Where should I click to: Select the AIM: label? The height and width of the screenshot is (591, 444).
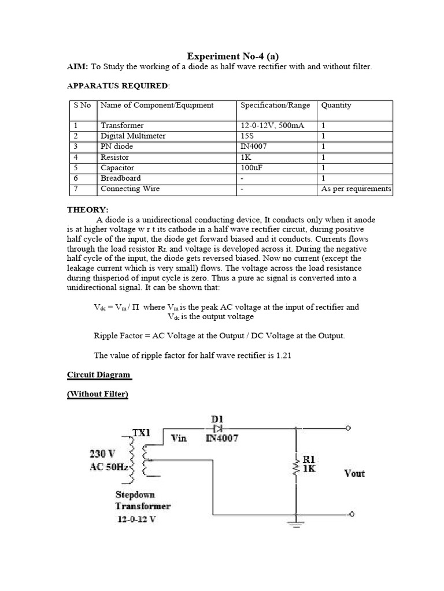(x=77, y=67)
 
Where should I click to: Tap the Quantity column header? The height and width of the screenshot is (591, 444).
(x=336, y=105)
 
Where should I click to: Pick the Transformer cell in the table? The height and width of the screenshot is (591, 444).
(x=122, y=125)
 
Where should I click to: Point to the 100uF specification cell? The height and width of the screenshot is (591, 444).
(x=252, y=168)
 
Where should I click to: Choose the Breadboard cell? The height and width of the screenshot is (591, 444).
(x=120, y=178)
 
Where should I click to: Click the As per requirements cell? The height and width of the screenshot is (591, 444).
(x=356, y=189)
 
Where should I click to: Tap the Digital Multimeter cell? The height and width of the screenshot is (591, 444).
(x=133, y=136)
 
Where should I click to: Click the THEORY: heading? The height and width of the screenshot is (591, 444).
(x=88, y=210)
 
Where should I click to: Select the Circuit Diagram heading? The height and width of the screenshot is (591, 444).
(x=99, y=375)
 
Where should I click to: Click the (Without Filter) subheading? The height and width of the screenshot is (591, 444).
(x=98, y=394)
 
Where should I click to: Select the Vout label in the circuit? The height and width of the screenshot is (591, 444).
(x=354, y=473)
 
